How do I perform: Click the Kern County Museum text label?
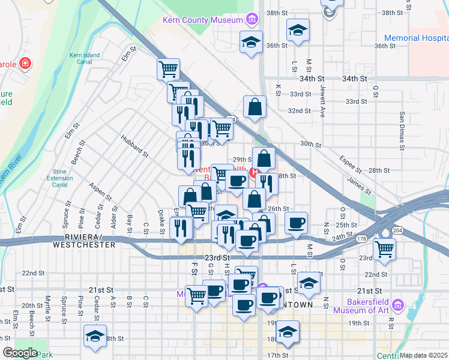(x=201, y=20)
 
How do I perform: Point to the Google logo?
(x=19, y=352)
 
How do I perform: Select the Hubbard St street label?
(x=134, y=147)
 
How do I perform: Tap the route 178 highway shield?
(x=360, y=239)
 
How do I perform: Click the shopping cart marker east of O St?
(x=384, y=248)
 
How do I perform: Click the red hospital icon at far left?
(x=25, y=63)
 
